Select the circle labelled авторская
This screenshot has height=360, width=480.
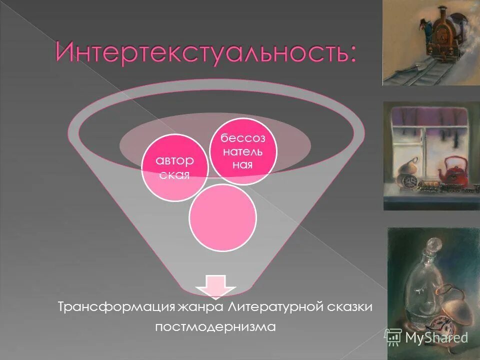point(174,167)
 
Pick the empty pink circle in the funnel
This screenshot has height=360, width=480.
point(223,217)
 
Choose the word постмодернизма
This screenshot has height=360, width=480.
point(215,327)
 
